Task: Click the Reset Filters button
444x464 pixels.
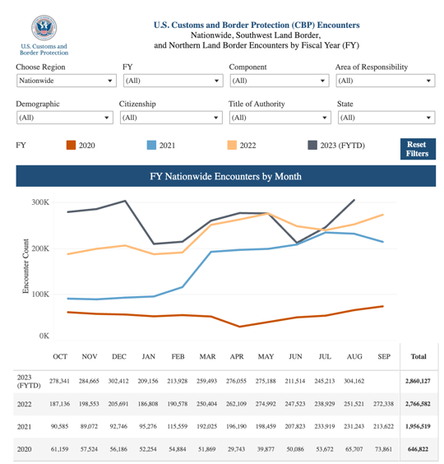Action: coord(418,149)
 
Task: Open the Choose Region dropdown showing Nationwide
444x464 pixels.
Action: coord(67,81)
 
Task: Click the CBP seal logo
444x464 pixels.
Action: coord(44,27)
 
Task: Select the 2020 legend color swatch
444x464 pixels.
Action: coord(71,146)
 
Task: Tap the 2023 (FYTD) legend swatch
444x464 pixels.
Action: coord(312,146)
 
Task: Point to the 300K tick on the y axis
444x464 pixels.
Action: coord(40,202)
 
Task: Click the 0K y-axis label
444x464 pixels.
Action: coord(44,336)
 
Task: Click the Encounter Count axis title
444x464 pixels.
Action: coord(25,266)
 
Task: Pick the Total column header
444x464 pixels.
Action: coord(419,356)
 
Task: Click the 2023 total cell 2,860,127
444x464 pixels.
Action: coord(418,381)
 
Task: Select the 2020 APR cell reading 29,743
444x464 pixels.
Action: coord(236,449)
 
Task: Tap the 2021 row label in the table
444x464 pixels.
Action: coord(25,427)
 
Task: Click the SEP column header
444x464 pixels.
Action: coord(384,356)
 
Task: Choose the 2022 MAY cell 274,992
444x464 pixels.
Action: coord(266,404)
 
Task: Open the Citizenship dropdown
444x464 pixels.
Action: coord(171,118)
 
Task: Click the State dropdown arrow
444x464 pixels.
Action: coord(428,118)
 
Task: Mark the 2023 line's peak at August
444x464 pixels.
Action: coord(354,201)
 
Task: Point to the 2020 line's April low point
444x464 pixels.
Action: coord(239,327)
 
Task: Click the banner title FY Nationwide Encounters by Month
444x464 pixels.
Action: coord(225,176)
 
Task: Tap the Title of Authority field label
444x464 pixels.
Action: coord(257,104)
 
